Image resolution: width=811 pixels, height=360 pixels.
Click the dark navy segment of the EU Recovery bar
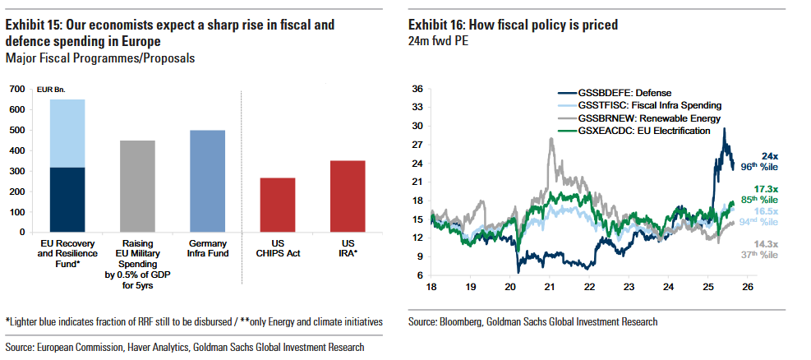tap(67, 200)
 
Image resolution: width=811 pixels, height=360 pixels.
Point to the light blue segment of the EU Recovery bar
tap(67, 133)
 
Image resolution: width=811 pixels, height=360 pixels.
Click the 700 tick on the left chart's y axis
tap(16, 90)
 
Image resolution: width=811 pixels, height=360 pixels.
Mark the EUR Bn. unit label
tap(52, 90)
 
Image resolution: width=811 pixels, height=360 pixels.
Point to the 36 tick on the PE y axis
tap(417, 89)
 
